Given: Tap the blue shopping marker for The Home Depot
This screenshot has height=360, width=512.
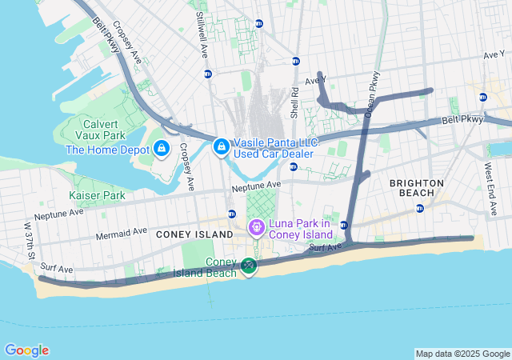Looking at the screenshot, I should [162, 149].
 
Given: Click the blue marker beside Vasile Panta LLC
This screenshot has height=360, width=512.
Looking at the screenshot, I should [222, 147].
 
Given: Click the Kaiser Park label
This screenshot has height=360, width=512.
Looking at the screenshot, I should [98, 195].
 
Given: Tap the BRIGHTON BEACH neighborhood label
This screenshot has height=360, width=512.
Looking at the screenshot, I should [416, 188].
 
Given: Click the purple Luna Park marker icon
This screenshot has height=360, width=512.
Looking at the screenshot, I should [256, 228].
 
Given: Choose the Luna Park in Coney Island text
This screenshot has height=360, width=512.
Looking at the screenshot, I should [301, 229].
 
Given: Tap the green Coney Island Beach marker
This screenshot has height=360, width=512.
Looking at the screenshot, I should [250, 266].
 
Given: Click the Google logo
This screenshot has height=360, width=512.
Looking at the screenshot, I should [26, 350].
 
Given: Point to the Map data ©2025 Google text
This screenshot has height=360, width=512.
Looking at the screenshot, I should [462, 354].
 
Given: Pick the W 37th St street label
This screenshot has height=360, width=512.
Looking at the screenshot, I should [29, 241].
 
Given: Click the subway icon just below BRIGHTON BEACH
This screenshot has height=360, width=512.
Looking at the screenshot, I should [420, 208].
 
